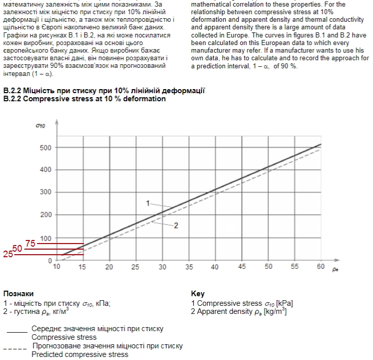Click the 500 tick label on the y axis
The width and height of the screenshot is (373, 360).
click(x=46, y=147)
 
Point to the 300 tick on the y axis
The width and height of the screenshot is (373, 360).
click(x=46, y=192)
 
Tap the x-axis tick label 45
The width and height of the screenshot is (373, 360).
click(x=242, y=266)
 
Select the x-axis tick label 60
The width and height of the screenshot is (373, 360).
click(x=320, y=266)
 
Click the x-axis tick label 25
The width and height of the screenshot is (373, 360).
click(x=136, y=266)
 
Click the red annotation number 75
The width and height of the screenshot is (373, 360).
click(x=30, y=244)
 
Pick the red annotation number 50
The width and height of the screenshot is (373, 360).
click(x=18, y=249)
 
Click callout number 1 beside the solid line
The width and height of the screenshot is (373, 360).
click(x=148, y=203)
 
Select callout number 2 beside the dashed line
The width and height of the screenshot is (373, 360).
click(x=176, y=226)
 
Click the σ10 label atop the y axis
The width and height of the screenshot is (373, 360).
click(x=41, y=125)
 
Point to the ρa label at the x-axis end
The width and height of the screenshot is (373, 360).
click(x=335, y=270)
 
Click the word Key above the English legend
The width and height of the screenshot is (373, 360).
click(x=198, y=293)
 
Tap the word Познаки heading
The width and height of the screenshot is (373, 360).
click(x=19, y=293)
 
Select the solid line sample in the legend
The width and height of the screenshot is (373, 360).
click(x=17, y=332)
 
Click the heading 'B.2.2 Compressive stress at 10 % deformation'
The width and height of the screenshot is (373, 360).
click(x=85, y=99)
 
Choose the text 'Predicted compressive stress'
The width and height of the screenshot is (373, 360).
click(x=80, y=354)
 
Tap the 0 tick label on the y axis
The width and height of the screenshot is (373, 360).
click(x=50, y=261)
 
